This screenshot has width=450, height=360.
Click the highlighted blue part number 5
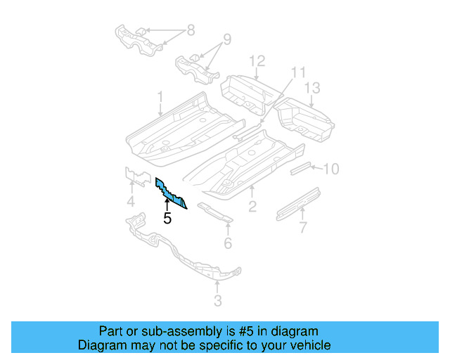click(171, 193)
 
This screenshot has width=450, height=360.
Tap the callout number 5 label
click(167, 219)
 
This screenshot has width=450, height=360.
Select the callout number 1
click(160, 96)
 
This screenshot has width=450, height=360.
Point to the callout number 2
click(252, 206)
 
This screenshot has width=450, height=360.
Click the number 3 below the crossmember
click(217, 302)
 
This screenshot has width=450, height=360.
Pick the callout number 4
click(131, 205)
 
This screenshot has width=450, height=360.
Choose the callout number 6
click(227, 243)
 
